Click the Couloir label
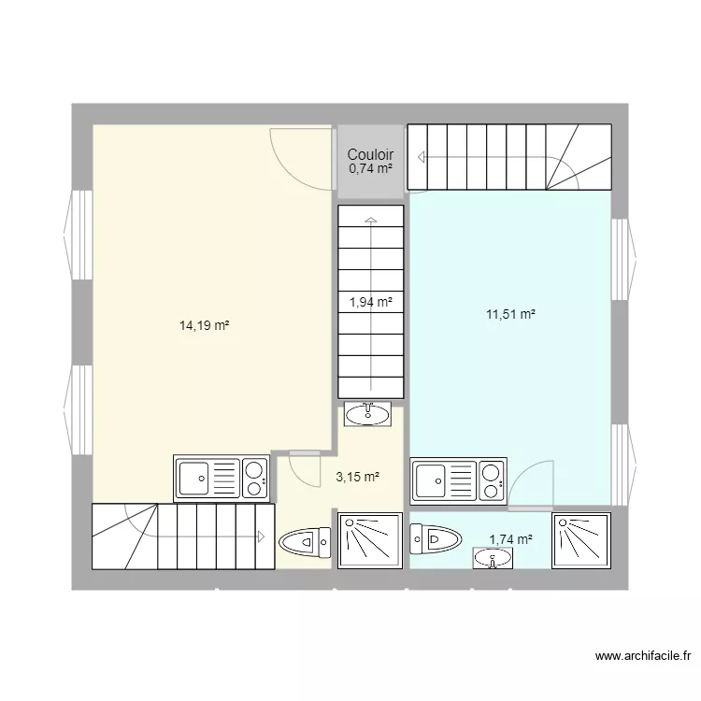pos(370,155)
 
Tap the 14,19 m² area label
pos(205,325)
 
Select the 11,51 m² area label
pos(510,315)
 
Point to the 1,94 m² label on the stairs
pos(370,301)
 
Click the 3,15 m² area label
pos(357,477)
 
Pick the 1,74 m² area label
pos(510,539)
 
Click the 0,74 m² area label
pos(370,169)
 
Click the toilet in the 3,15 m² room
pos(306,541)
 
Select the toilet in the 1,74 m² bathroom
pos(436,537)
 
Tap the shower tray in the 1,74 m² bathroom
pos(582,539)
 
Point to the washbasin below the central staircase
pos(368,413)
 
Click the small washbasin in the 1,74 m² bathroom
pos(493,558)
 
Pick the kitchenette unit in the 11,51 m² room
pos(458,480)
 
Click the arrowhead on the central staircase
pos(371,222)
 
